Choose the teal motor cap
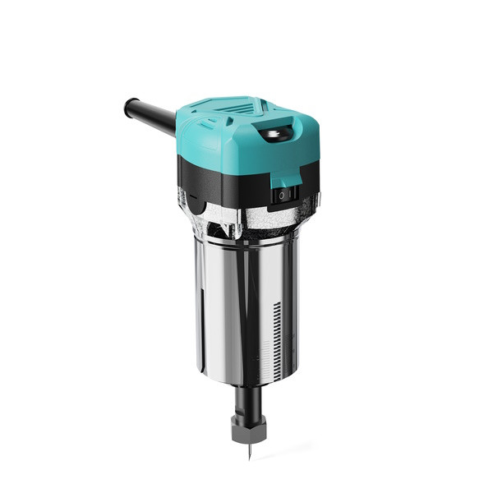246,136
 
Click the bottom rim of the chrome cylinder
246,380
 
